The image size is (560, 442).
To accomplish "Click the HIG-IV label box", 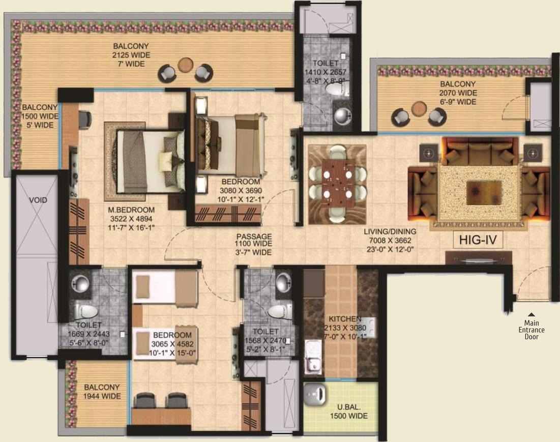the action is point(478,240).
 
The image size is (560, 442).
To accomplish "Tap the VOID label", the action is point(38,200).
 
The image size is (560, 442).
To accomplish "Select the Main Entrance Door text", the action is point(532,330).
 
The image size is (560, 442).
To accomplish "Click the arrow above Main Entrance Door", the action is point(532,314).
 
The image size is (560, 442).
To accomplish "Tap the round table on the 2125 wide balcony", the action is point(185,65).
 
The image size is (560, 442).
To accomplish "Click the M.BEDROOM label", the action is point(131,210).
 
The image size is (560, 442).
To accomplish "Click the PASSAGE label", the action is point(254,237).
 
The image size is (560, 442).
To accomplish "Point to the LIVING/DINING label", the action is point(390,231).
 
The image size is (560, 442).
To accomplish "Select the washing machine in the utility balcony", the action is point(315,395).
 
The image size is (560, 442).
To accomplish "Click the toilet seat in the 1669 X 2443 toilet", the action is point(85,312).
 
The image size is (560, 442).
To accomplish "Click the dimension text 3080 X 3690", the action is point(241,191).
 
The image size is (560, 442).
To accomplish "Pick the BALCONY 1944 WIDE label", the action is point(102,392).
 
